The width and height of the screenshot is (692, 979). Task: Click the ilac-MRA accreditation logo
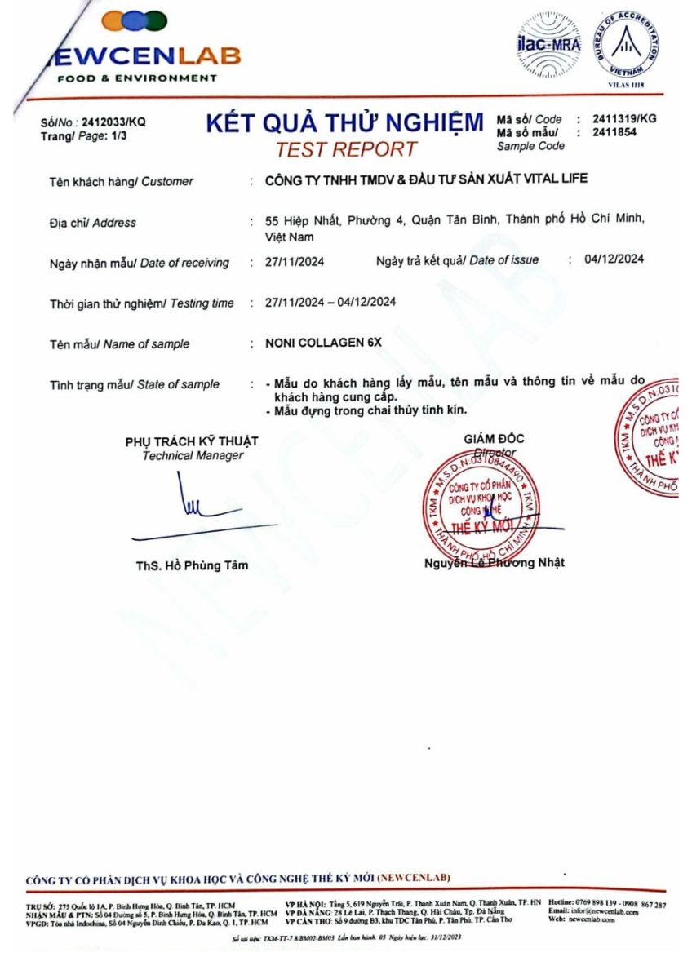tap(548, 46)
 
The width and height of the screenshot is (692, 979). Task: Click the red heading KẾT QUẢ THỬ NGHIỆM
tap(344, 123)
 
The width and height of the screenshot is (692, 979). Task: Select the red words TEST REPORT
tap(346, 149)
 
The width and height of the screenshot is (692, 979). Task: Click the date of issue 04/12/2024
tap(614, 259)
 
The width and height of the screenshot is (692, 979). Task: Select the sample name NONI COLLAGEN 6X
tap(323, 343)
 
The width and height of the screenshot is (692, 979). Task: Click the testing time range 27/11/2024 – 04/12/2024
tap(330, 302)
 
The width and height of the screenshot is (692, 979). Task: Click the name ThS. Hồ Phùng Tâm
tap(192, 565)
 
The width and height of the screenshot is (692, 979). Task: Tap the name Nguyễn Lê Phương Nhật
tap(494, 563)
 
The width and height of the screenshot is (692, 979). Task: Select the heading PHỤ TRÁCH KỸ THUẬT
tap(192, 441)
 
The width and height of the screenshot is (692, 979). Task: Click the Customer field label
tap(121, 181)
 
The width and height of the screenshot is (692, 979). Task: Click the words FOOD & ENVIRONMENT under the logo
tap(137, 78)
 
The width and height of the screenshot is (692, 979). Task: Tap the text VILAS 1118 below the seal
tap(626, 84)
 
